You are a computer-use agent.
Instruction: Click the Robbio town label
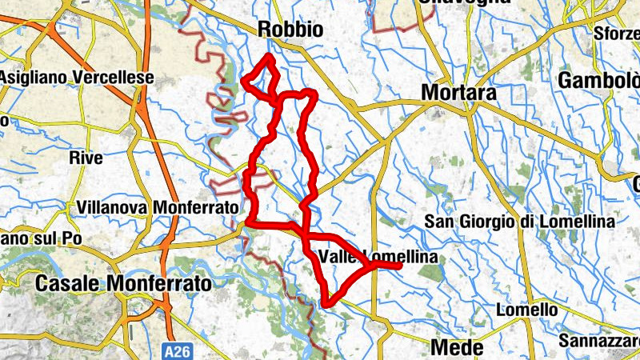[290, 30]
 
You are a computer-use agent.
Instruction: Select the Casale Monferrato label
[124, 284]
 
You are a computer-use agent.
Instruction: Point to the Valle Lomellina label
[378, 257]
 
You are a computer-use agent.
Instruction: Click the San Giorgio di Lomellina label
[520, 221]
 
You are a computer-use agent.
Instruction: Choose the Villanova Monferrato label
[158, 207]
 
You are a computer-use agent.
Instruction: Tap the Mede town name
[457, 347]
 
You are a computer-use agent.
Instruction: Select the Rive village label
[86, 158]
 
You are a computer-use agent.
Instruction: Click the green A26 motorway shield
[180, 350]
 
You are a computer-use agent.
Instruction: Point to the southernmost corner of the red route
[326, 304]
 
